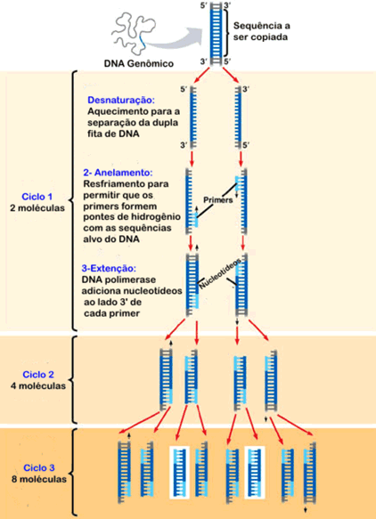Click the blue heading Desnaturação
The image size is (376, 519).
[121, 101]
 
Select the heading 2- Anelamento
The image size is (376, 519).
[118, 173]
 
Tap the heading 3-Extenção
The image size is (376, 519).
[109, 268]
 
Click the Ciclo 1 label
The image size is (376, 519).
[37, 197]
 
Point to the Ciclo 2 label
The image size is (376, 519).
[38, 375]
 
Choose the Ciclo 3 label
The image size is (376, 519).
[39, 467]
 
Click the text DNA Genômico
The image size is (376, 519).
[139, 63]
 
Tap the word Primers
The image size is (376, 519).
[217, 200]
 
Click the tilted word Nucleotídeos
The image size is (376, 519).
[219, 276]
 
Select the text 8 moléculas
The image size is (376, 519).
[39, 479]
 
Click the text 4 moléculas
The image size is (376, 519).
[38, 385]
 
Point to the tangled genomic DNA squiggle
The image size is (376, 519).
[135, 32]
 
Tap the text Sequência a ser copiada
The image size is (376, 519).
[260, 31]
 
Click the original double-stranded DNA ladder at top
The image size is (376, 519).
[216, 32]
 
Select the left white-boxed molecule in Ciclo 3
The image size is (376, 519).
[179, 473]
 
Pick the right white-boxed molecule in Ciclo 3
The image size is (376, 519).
[255, 473]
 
